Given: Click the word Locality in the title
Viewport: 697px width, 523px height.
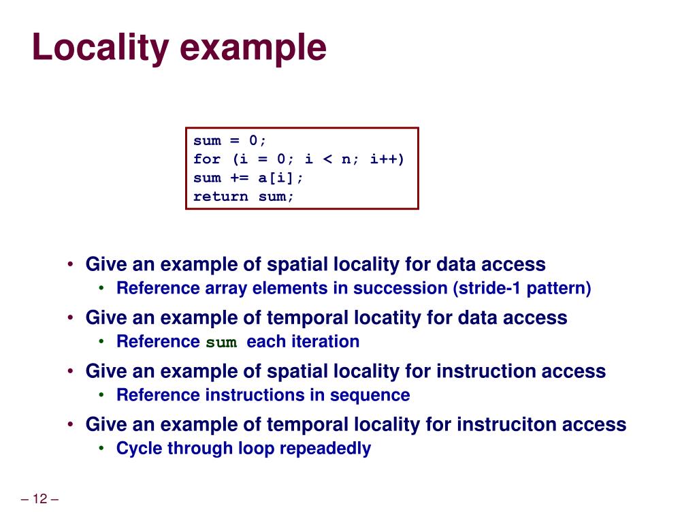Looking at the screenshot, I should [98, 49].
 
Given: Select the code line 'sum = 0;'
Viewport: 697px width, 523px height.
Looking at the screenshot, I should [230, 141].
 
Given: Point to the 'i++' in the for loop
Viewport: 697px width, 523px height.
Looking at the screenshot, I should [387, 159].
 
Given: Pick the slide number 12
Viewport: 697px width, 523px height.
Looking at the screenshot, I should [39, 499].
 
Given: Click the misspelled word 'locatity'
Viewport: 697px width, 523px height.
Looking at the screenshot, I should [387, 318].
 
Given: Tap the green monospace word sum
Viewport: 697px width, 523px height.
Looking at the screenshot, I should [221, 343].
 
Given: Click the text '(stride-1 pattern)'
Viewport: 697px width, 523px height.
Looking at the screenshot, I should [522, 288].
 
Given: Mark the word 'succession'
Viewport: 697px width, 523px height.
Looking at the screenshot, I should [400, 288].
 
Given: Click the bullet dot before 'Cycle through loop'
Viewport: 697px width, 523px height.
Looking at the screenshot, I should [101, 448].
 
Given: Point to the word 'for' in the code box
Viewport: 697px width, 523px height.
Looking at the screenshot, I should [207, 159].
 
